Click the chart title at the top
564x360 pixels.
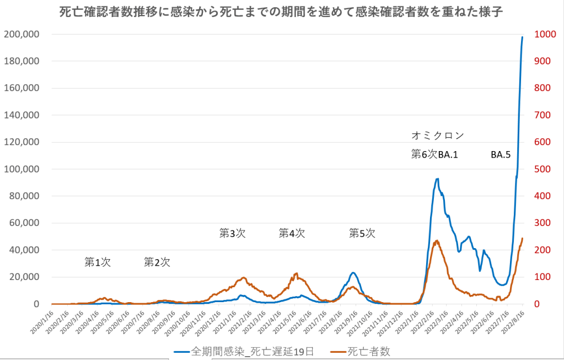[282, 12]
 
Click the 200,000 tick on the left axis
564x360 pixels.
[22, 34]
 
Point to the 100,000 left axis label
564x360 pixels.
[22, 169]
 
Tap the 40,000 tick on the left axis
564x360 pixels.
[24, 250]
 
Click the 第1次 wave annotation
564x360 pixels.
[98, 262]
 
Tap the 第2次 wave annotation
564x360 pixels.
[157, 262]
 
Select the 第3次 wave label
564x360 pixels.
[232, 233]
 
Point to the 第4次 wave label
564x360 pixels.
[292, 233]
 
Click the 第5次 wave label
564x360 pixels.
[362, 233]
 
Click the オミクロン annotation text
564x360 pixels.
[438, 135]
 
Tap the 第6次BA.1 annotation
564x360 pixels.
[435, 155]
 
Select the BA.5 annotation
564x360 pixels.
[500, 155]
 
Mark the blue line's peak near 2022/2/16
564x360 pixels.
[437, 179]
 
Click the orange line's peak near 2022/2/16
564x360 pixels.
[437, 240]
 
